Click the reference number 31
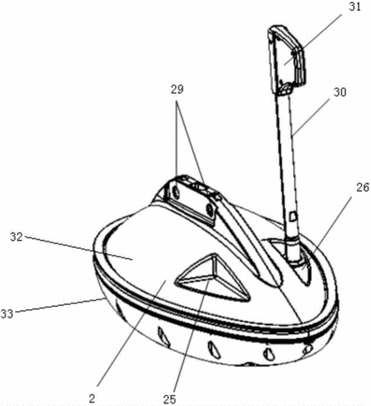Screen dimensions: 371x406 point(355,6)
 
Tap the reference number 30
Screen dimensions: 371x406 point(339,92)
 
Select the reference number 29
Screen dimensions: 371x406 point(177,89)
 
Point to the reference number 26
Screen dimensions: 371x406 point(362,188)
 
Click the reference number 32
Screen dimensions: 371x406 point(16,237)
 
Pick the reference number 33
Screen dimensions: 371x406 point(6,314)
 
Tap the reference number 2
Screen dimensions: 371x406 point(92,399)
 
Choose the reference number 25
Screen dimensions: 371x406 point(170,399)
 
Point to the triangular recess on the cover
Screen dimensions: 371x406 point(214,278)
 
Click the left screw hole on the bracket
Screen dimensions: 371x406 point(174,191)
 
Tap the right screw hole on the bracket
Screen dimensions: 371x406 point(209,209)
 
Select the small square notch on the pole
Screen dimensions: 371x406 point(293,216)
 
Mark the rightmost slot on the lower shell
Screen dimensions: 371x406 point(308,349)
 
